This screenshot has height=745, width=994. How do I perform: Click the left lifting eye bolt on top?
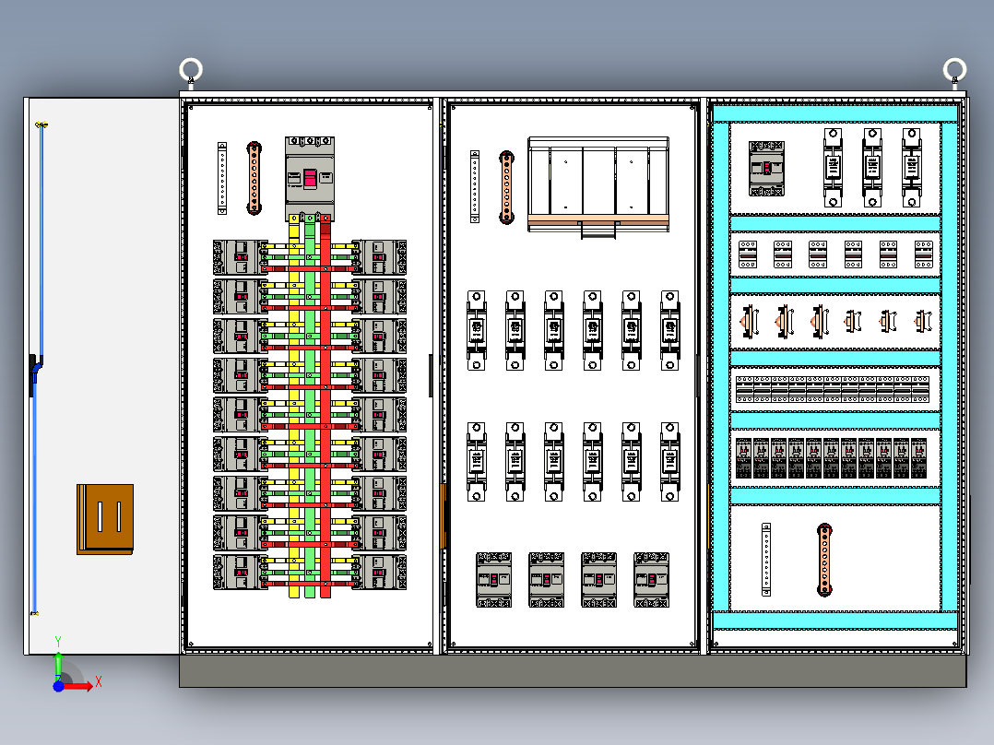click(x=191, y=70)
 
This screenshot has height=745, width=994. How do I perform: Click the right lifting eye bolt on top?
click(x=954, y=69)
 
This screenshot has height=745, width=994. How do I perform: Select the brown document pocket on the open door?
click(x=105, y=519)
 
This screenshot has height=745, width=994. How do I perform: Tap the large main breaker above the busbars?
click(x=310, y=177)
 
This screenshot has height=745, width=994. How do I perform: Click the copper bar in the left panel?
click(x=254, y=178)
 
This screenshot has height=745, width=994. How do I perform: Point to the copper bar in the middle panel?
click(x=506, y=187)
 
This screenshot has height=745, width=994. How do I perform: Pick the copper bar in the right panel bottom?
click(x=824, y=560)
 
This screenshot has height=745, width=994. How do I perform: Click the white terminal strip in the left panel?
click(x=222, y=178)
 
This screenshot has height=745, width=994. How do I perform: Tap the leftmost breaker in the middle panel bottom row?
click(x=493, y=579)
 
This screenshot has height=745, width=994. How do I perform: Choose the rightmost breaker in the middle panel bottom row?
click(x=651, y=579)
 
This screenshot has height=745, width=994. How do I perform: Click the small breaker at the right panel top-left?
click(x=766, y=168)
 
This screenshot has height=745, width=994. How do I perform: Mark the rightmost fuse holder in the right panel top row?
click(x=911, y=167)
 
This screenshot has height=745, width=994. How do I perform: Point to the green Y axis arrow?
click(x=58, y=662)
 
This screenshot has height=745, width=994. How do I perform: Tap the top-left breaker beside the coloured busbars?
click(x=240, y=257)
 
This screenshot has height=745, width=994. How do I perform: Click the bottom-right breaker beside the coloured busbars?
click(x=379, y=572)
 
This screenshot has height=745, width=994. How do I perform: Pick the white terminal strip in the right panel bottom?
click(x=766, y=559)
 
